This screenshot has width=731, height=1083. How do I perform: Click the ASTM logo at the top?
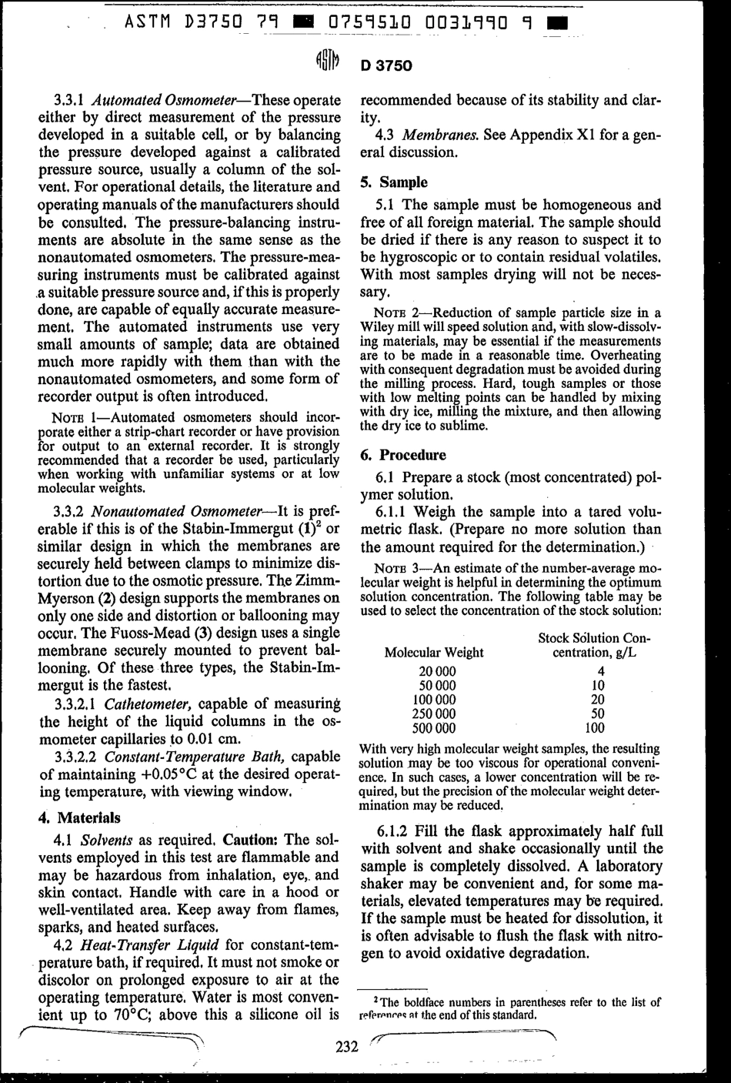[x=325, y=64]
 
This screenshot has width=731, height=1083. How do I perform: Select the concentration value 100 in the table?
[x=594, y=727]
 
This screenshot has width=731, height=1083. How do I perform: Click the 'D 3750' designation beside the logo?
[x=386, y=65]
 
